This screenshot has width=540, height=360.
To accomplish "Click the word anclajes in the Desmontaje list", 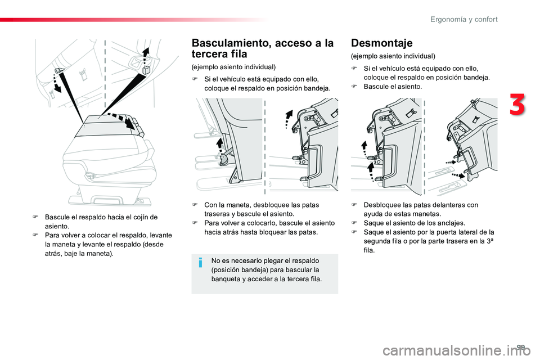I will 449,223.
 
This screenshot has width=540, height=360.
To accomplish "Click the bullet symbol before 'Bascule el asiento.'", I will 354,87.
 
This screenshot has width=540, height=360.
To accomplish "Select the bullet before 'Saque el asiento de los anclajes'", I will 354,223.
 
